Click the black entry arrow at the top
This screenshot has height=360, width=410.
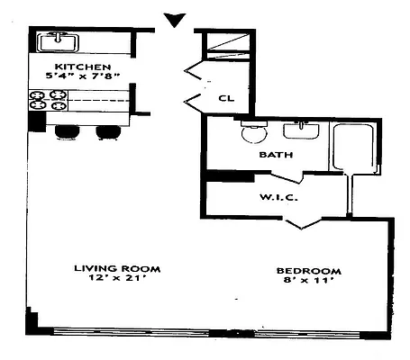(176, 19)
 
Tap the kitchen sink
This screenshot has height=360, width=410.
(59, 40)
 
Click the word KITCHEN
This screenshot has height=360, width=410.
(82, 67)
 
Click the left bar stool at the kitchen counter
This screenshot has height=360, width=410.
(67, 132)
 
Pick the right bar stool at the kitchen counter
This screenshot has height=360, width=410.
(106, 132)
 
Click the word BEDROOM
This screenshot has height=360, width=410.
(309, 271)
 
